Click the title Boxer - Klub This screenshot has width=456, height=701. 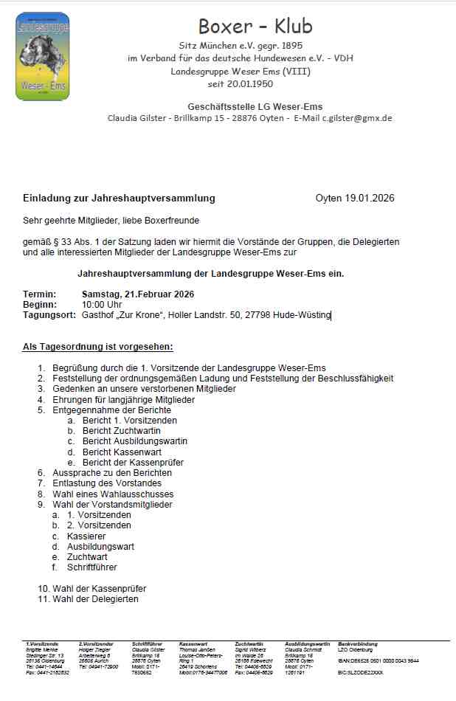(x=255, y=27)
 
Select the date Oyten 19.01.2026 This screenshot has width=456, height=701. (x=355, y=198)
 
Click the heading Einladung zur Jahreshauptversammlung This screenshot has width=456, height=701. (x=119, y=198)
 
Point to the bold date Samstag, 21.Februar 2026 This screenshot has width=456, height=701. (x=138, y=294)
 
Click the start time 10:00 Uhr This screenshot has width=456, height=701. (x=102, y=305)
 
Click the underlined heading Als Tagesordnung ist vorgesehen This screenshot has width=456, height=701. (x=98, y=346)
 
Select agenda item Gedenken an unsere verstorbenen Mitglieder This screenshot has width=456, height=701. (x=145, y=389)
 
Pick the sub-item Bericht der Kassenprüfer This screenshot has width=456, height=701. (x=133, y=463)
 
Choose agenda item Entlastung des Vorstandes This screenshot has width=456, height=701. (x=108, y=483)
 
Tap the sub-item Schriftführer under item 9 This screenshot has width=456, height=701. (x=91, y=567)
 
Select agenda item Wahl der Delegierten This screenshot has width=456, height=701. (x=95, y=599)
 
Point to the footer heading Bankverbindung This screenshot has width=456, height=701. (x=357, y=643)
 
